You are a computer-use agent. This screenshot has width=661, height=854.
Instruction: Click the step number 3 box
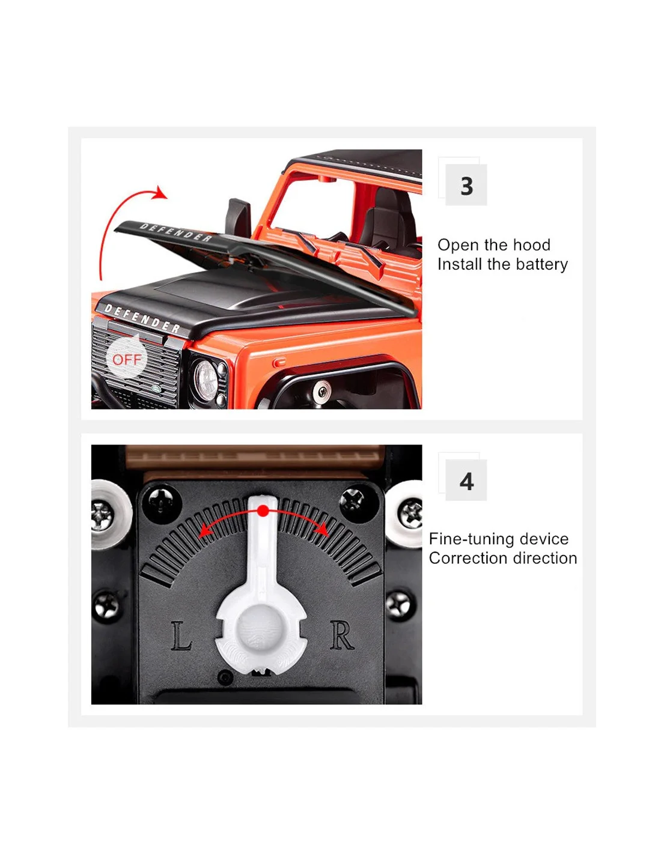[466, 185]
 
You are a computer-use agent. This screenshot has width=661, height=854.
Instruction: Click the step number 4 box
[466, 480]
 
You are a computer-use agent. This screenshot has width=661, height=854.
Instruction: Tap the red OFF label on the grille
[127, 360]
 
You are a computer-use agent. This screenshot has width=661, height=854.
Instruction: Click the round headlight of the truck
[206, 379]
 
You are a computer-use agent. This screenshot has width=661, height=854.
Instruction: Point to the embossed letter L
[181, 635]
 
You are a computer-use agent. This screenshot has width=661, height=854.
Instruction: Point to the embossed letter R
[341, 635]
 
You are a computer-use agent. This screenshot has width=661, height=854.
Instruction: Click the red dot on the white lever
[263, 511]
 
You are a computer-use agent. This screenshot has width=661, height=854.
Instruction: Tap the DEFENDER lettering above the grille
[142, 318]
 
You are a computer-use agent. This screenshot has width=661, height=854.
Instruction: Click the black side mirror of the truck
[238, 218]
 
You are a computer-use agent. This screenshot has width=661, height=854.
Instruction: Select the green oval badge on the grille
[157, 389]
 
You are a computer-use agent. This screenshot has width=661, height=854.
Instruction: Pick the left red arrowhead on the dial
[205, 531]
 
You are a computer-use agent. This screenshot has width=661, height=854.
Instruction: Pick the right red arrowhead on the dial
[323, 529]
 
